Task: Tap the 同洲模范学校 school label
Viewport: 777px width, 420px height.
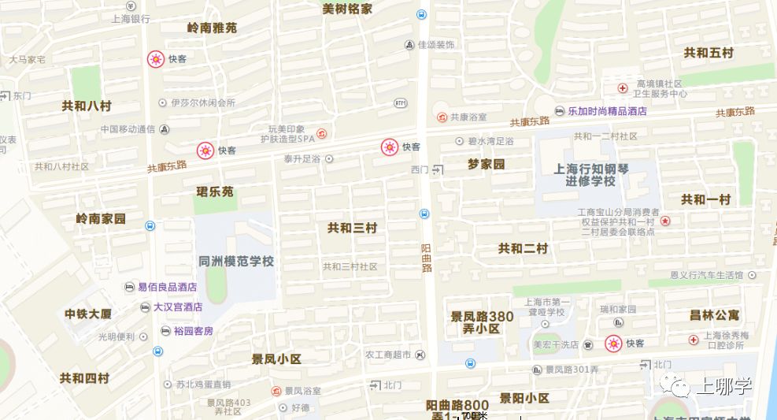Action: pos(236,261)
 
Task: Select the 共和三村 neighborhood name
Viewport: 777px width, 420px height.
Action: pos(352,228)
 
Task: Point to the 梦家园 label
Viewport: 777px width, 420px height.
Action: pos(486,165)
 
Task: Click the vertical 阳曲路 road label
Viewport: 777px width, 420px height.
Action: pos(427,258)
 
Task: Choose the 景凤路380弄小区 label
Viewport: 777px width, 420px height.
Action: pos(482,322)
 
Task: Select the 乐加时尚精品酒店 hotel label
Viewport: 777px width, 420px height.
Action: pos(607,111)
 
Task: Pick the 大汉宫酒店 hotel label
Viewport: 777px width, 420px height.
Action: pos(177,307)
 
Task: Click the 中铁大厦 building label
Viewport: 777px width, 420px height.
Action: pos(88,314)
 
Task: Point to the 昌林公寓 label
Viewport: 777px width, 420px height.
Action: pos(714,314)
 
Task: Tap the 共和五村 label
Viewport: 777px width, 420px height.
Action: pos(709,53)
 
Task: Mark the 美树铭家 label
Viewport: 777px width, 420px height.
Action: pos(347,9)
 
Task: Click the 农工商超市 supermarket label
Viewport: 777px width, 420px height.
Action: pos(387,355)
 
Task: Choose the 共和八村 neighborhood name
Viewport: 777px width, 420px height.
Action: pos(87,105)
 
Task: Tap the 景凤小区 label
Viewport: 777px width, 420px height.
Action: pos(276,359)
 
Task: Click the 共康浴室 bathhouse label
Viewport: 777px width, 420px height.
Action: pos(468,117)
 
